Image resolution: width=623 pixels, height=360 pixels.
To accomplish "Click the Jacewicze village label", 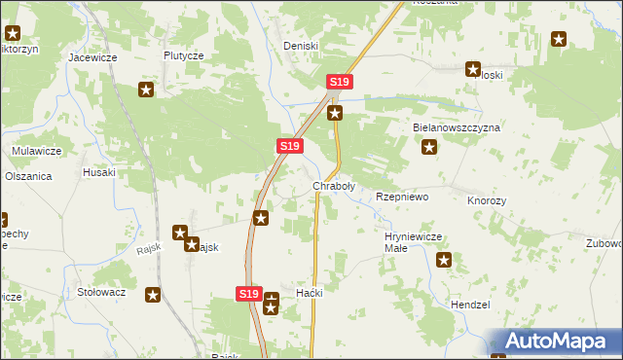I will (x=92, y=57).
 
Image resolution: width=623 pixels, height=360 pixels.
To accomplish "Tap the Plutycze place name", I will (x=183, y=56).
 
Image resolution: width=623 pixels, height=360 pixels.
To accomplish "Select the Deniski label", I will (x=301, y=46).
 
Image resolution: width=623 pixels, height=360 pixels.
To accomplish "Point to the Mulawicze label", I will (x=37, y=151).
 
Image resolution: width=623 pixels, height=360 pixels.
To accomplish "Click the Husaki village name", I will (x=99, y=172).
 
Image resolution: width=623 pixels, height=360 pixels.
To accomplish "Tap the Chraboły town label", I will (x=333, y=185).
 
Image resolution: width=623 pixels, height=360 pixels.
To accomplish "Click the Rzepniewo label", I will (x=402, y=197).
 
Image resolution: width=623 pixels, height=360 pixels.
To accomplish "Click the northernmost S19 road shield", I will (x=339, y=83).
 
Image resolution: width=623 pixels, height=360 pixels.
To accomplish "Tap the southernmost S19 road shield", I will (x=248, y=293).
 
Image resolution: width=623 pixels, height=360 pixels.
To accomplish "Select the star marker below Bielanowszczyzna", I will (x=429, y=149).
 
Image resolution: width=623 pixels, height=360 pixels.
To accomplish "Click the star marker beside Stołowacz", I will (x=153, y=294).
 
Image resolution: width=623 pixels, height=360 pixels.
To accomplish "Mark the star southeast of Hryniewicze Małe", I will (x=445, y=260).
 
